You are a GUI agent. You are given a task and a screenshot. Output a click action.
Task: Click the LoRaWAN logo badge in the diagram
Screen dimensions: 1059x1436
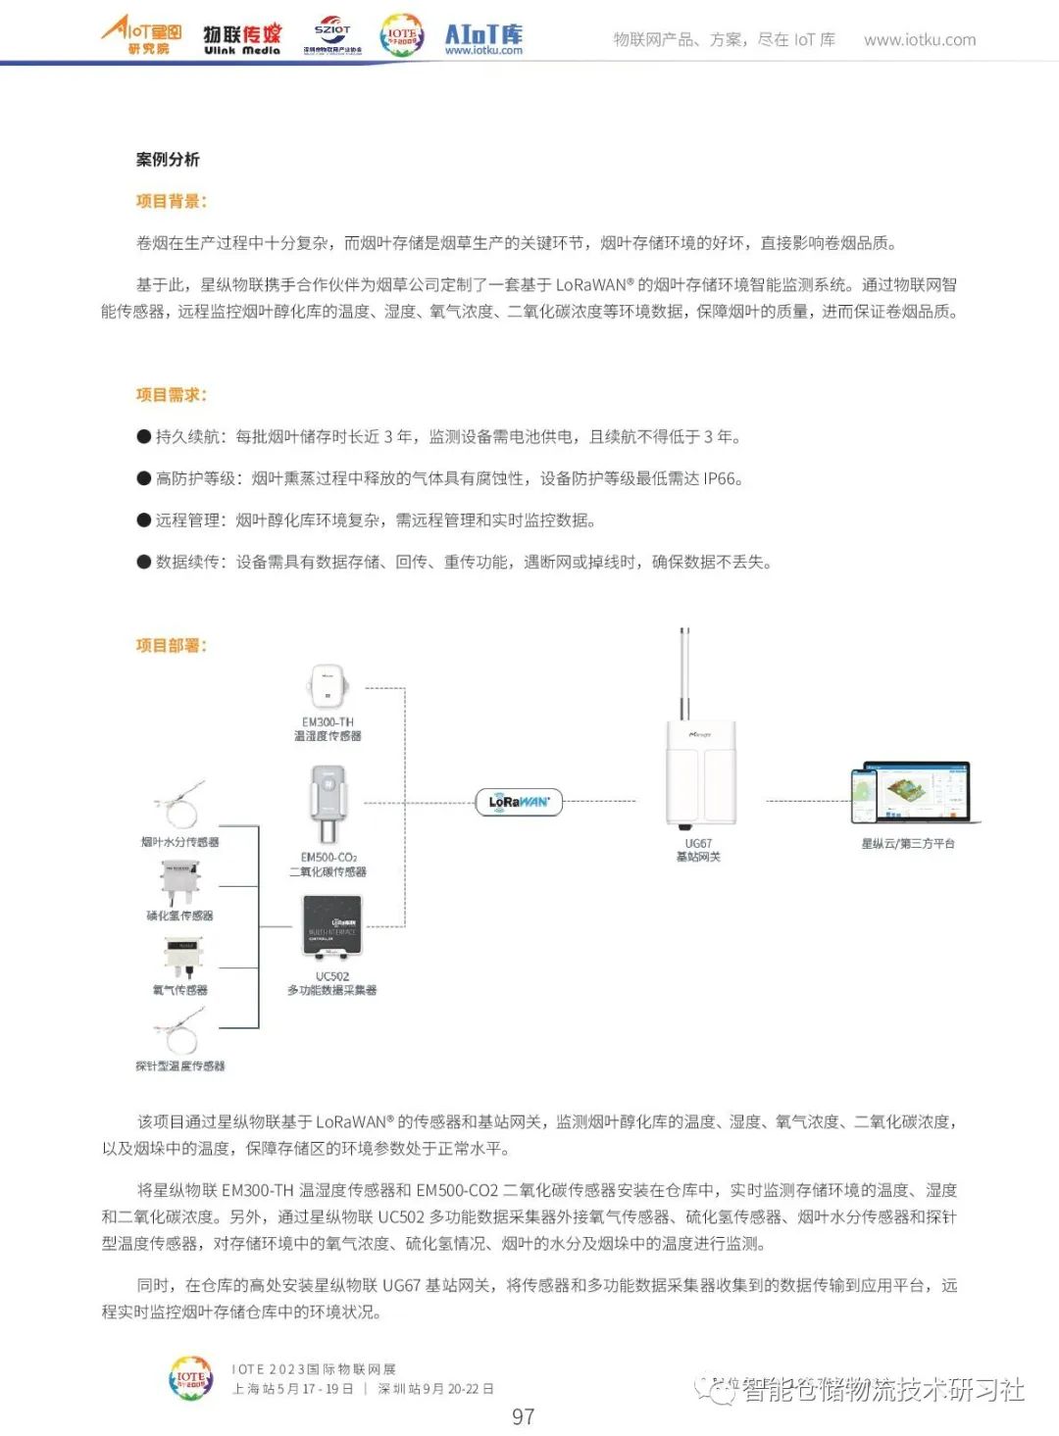(x=519, y=802)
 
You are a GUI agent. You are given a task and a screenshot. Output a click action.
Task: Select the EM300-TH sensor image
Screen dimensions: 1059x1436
(x=328, y=686)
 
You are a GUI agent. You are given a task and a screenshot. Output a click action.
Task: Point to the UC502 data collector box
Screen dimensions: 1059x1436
(x=331, y=925)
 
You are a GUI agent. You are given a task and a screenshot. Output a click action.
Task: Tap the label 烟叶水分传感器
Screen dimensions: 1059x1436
(x=180, y=842)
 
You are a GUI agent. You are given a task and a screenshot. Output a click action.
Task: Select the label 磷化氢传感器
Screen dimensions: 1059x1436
(x=180, y=916)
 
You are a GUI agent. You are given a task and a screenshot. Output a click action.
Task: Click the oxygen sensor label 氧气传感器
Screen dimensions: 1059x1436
(x=180, y=990)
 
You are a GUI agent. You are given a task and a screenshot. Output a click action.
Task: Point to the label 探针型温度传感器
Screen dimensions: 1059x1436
(x=180, y=1065)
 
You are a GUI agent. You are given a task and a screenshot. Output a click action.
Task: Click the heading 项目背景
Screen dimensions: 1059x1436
(x=171, y=201)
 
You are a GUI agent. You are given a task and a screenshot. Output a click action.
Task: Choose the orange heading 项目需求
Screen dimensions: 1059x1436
(x=171, y=395)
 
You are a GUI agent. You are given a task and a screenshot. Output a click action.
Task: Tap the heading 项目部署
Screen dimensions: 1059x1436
(x=171, y=645)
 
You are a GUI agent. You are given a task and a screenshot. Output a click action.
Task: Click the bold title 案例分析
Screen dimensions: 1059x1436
(x=168, y=159)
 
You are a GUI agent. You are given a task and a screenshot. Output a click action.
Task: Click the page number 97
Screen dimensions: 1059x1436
(x=524, y=1416)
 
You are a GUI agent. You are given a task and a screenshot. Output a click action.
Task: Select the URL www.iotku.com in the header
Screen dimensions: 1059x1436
(x=920, y=40)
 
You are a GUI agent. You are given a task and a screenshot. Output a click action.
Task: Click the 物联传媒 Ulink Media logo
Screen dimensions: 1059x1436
(x=242, y=39)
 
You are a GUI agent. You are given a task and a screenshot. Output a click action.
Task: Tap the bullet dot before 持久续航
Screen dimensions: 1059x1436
(x=144, y=437)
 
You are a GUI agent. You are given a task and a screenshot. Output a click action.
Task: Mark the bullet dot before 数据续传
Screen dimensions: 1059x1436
(x=144, y=563)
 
